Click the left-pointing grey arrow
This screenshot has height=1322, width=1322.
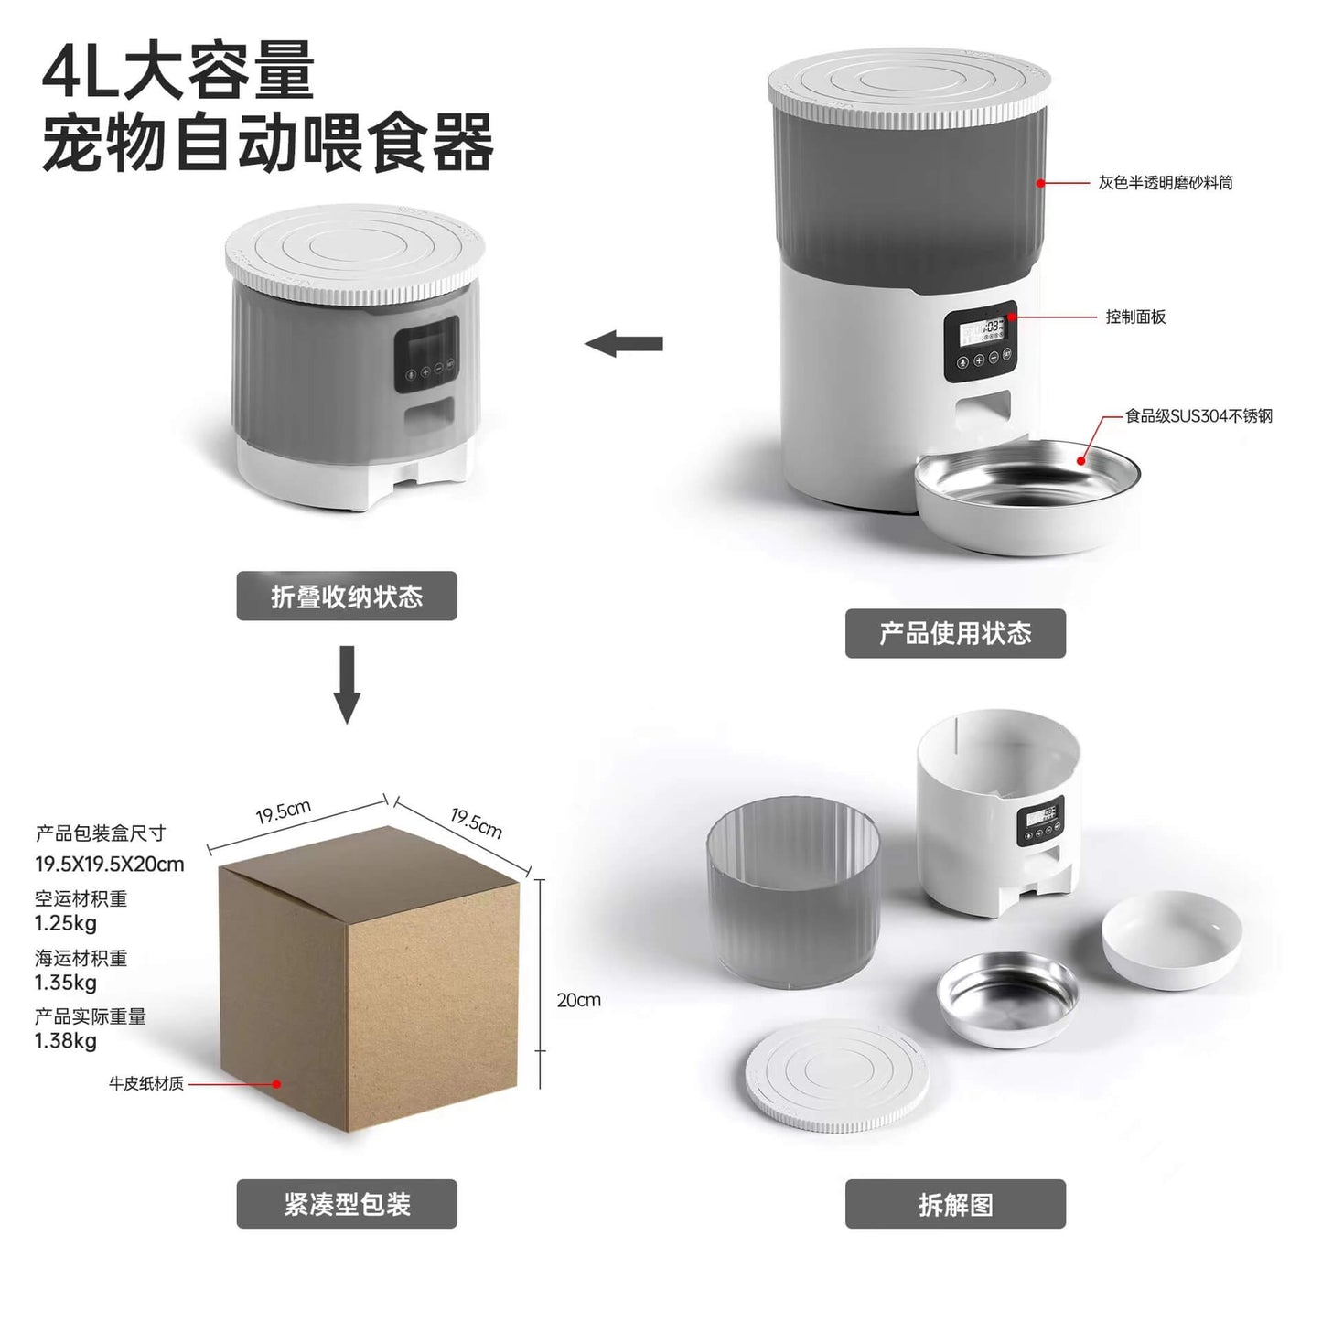(x=624, y=344)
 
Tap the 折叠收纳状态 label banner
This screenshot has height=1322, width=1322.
(x=347, y=597)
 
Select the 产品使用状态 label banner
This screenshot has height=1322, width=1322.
(x=955, y=633)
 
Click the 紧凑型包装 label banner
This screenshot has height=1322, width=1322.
(x=347, y=1204)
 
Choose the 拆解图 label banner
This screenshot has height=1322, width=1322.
(x=955, y=1204)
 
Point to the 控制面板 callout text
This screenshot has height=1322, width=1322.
(x=1135, y=317)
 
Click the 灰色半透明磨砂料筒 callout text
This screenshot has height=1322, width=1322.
(x=1166, y=183)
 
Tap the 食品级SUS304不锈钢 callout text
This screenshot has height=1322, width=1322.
(x=1198, y=416)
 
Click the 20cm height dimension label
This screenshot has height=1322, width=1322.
(x=578, y=1000)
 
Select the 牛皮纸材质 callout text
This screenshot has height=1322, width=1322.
(x=146, y=1083)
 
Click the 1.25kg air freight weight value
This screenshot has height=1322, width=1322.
(x=66, y=922)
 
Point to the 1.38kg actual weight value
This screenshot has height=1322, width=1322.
(x=66, y=1040)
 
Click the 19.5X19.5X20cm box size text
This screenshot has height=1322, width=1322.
(x=110, y=864)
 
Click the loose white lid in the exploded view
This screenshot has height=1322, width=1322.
(x=837, y=1076)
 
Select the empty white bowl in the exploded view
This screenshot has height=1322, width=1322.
(x=1171, y=939)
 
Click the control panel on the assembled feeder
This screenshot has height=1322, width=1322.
(x=980, y=341)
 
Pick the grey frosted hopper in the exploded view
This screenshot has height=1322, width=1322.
(x=793, y=892)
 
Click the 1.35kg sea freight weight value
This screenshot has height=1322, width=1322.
(x=66, y=983)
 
